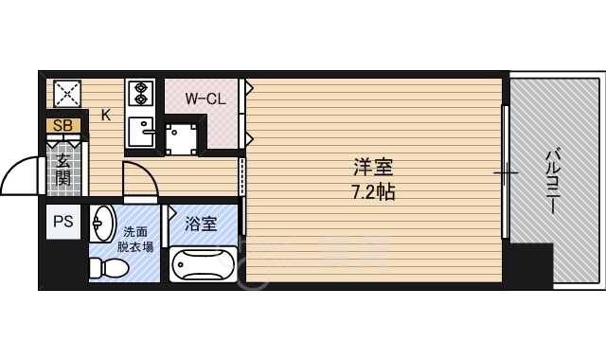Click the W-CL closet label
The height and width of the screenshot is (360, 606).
(205, 99)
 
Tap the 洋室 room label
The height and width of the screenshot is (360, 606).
(373, 168)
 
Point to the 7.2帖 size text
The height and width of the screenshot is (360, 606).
(373, 190)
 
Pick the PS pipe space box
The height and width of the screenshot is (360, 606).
(62, 224)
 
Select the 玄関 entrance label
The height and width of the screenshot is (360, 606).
(62, 169)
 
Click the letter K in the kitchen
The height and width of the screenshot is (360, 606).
(106, 117)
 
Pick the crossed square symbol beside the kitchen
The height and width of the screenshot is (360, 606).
(66, 94)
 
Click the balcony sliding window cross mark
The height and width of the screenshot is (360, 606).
(507, 173)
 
